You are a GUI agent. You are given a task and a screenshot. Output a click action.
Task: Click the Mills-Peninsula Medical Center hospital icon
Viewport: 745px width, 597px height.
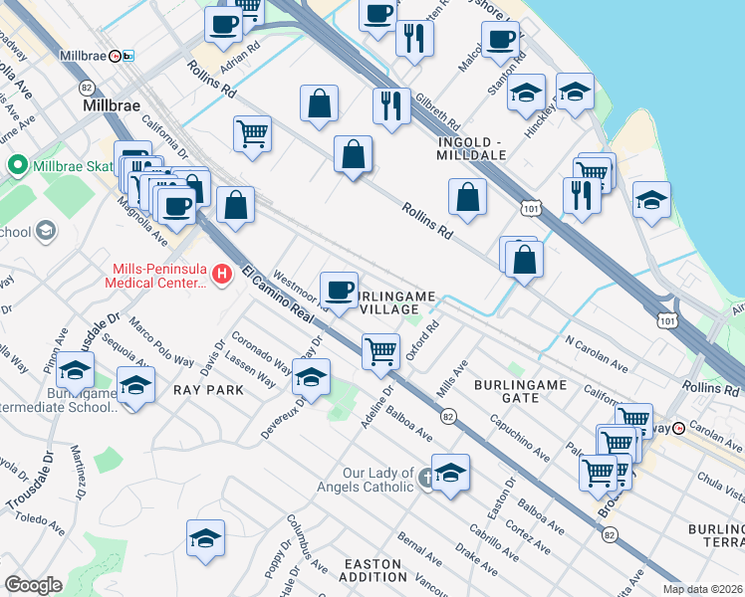(x=222, y=273)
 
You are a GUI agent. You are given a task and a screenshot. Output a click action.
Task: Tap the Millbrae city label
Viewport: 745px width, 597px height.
(x=113, y=103)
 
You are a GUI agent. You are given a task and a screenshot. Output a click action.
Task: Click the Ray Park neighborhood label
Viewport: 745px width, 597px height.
(x=208, y=390)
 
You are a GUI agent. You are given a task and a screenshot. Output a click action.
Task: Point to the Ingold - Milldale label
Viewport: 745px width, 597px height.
(x=472, y=147)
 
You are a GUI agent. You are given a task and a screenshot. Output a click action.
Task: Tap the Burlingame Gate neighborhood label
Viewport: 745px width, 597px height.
(x=520, y=390)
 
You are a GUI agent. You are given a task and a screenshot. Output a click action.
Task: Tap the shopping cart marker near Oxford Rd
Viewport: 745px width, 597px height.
(x=381, y=351)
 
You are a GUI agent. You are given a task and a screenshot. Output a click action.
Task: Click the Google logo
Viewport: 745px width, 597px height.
(x=33, y=585)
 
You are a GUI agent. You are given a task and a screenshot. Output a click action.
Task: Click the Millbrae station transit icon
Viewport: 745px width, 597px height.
(x=116, y=57)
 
